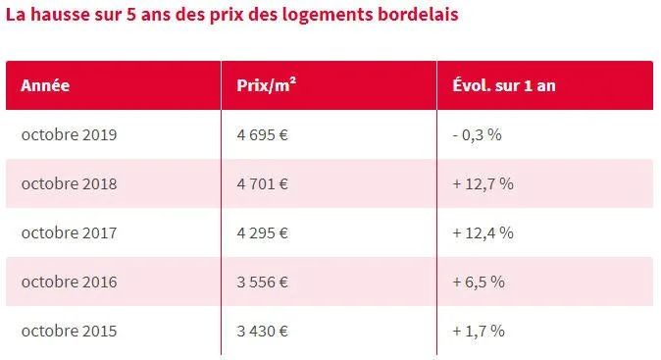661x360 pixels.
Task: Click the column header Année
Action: tap(45, 85)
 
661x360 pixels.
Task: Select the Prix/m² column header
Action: tap(267, 85)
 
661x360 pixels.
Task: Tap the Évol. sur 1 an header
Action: tap(504, 85)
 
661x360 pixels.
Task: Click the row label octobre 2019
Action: tap(69, 134)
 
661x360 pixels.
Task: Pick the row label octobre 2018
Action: tap(69, 183)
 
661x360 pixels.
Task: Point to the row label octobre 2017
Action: tap(69, 232)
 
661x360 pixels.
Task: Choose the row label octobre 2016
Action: tap(69, 282)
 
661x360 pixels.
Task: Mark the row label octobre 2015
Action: tap(69, 331)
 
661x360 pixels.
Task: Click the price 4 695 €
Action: tap(262, 134)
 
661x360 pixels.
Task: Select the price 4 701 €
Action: tap(262, 183)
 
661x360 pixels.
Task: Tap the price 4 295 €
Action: tap(262, 232)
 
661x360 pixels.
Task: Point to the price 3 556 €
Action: tap(262, 282)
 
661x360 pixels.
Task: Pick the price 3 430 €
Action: tap(262, 331)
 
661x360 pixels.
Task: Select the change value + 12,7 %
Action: tap(483, 183)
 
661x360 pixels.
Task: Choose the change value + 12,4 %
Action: tap(483, 232)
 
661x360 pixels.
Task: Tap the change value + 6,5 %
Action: tap(479, 282)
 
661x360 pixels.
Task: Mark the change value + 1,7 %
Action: tap(479, 331)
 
